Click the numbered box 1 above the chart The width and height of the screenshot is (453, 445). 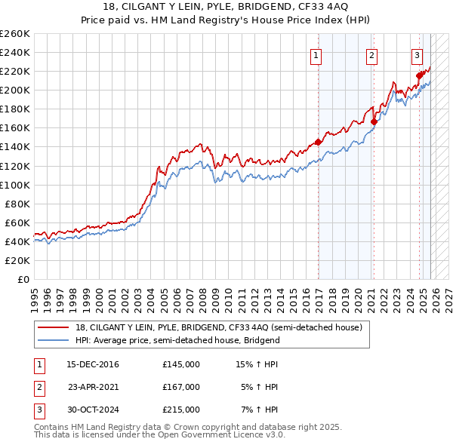[315, 54]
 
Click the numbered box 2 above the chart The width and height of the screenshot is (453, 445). [372, 54]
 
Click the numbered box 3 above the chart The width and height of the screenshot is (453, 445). [417, 54]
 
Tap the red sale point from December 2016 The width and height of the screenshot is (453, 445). [318, 141]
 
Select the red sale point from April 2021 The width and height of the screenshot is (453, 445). [374, 121]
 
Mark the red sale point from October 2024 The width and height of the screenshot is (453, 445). [420, 75]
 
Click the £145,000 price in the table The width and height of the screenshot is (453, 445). [181, 364]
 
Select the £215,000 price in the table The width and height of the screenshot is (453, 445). [181, 410]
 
